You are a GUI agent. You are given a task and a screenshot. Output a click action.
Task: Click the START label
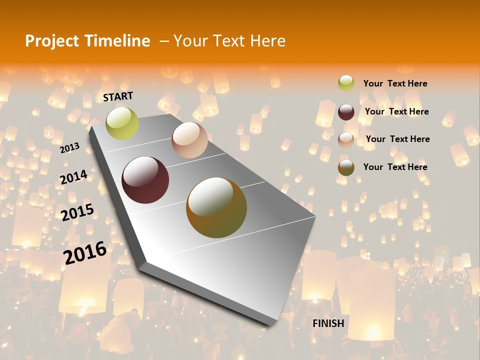point(118,96)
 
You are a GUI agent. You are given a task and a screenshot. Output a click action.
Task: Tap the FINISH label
point(328,323)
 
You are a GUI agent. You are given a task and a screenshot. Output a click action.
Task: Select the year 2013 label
point(69,147)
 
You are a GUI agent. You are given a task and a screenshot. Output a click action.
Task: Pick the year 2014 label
point(73,177)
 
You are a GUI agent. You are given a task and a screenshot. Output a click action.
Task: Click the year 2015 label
point(77,212)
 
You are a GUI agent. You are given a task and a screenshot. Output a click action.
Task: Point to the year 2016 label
point(85,252)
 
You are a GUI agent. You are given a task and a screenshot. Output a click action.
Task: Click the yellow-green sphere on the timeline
point(122,123)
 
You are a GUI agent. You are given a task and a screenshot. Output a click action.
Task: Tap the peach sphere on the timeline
point(189,140)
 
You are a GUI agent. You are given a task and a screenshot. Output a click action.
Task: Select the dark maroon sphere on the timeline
point(145,180)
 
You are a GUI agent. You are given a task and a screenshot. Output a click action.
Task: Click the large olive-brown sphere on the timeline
point(216,207)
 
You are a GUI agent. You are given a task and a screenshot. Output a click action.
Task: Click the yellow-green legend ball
point(346,83)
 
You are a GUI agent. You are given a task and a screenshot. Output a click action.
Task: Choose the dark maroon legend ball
point(346,112)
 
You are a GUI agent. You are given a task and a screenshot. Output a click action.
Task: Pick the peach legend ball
point(346,139)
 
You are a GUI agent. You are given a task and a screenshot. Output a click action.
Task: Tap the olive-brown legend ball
point(346,167)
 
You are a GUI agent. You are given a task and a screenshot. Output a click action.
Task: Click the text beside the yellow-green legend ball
point(395,83)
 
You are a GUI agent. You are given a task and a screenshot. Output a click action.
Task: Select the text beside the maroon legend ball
point(396,111)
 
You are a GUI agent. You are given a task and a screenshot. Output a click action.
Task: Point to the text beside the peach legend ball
point(397,139)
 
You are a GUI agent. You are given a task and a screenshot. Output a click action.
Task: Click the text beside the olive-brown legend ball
point(395,167)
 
